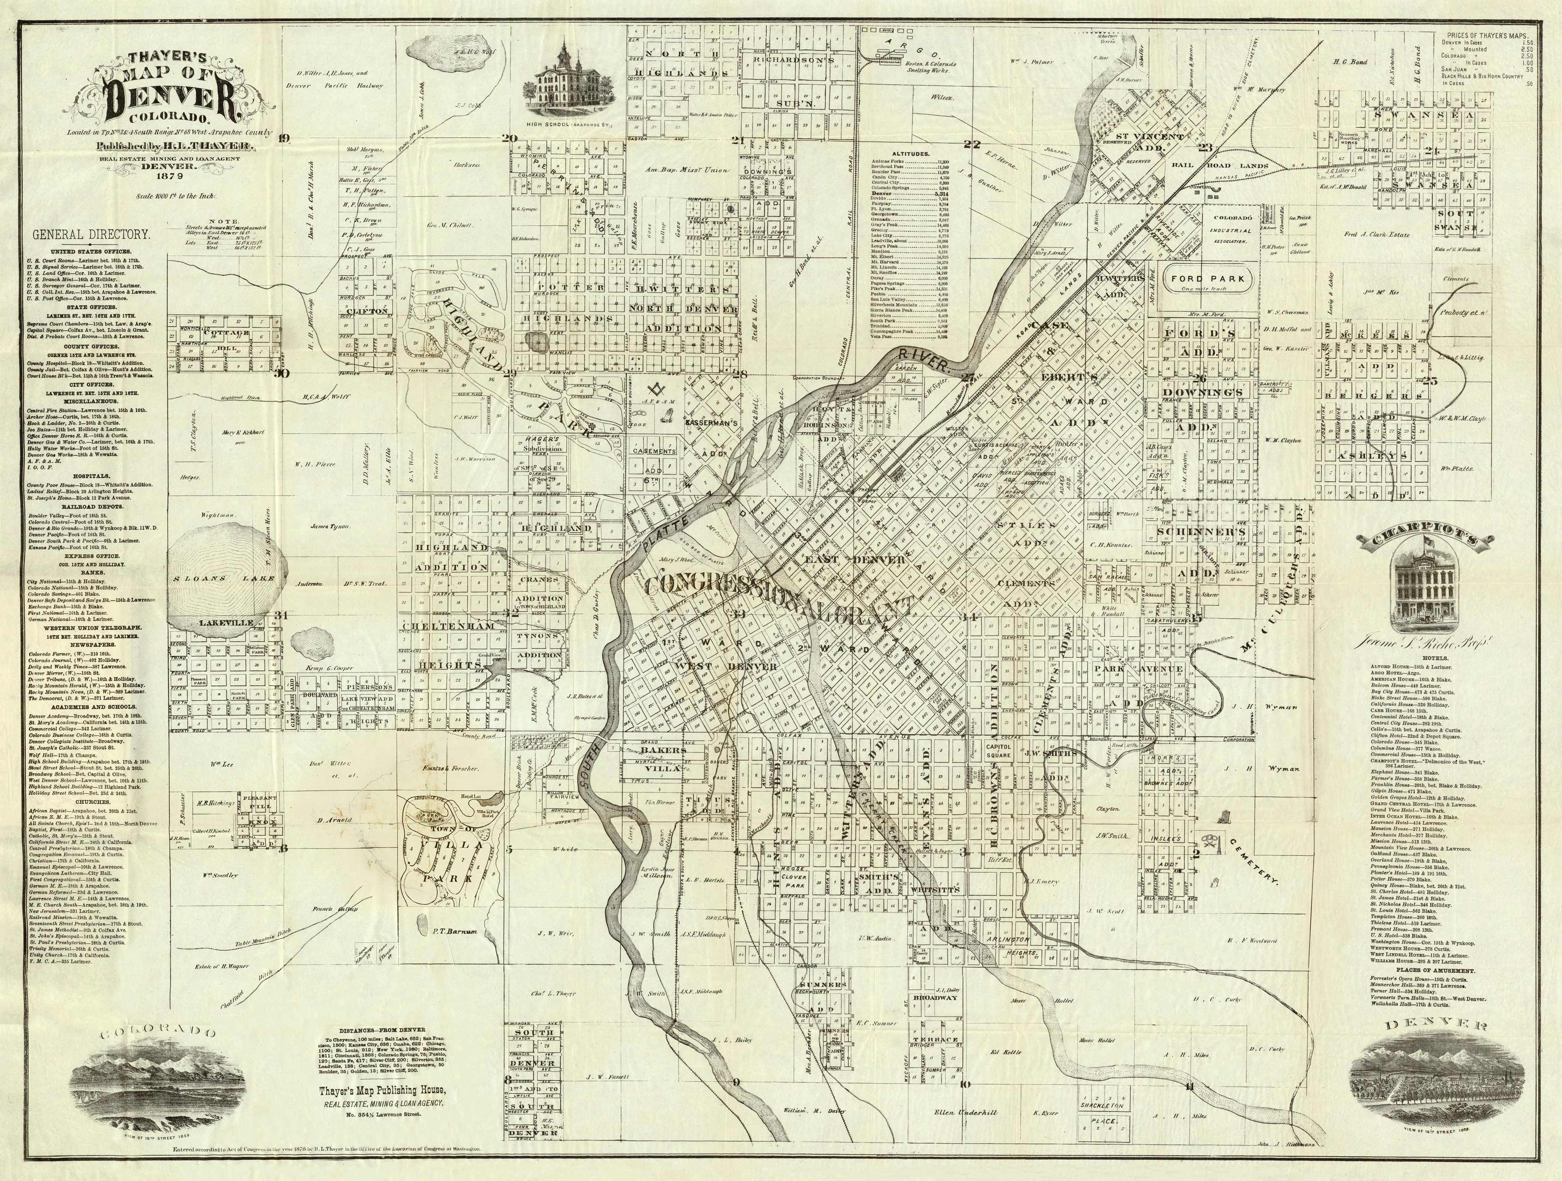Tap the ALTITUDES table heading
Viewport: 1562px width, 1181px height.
(x=910, y=153)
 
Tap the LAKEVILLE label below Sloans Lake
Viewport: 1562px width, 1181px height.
(x=225, y=622)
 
